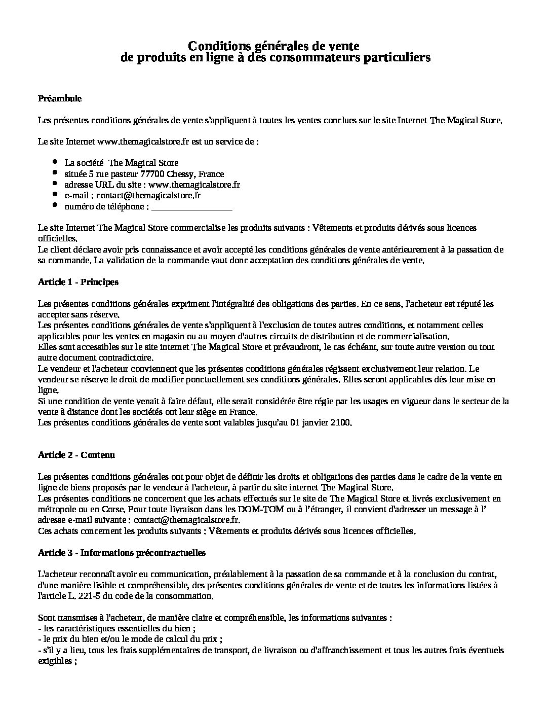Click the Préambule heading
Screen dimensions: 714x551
[60, 98]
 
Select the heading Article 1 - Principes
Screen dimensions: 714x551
[78, 282]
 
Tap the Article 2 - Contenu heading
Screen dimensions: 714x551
[76, 455]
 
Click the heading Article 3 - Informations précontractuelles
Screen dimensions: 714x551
[122, 553]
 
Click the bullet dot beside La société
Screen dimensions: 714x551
[55, 162]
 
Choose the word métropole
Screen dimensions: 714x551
[56, 509]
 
